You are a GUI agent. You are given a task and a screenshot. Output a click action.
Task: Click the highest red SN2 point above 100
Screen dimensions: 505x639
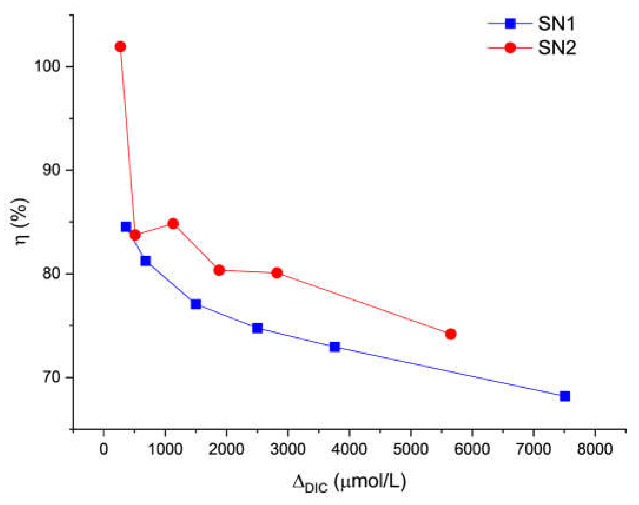pyautogui.click(x=120, y=47)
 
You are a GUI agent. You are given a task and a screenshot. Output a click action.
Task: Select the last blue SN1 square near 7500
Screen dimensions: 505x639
pyautogui.click(x=565, y=396)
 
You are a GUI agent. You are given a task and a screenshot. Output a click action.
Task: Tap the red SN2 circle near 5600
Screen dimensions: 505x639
pyautogui.click(x=450, y=334)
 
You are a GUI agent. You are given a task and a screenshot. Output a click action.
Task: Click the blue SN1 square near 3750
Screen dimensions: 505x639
pyautogui.click(x=335, y=347)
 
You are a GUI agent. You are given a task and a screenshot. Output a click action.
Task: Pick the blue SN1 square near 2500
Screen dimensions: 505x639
pyautogui.click(x=257, y=328)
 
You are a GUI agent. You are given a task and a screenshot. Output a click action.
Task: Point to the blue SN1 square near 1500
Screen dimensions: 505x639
pyautogui.click(x=196, y=304)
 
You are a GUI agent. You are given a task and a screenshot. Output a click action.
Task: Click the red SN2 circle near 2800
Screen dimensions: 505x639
pyautogui.click(x=277, y=273)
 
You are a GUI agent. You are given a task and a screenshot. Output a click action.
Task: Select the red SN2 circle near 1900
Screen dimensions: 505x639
pyautogui.click(x=219, y=270)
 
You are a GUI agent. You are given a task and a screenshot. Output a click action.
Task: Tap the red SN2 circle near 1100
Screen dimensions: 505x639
pyautogui.click(x=173, y=224)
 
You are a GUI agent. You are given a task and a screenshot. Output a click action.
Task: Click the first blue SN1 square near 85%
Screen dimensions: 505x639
pyautogui.click(x=126, y=227)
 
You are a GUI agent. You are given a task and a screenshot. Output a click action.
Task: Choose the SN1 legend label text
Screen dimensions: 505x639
pyautogui.click(x=556, y=23)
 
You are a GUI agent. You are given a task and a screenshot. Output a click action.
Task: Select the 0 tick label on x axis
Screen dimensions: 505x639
pyautogui.click(x=103, y=449)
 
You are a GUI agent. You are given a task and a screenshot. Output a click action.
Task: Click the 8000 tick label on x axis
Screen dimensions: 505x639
pyautogui.click(x=595, y=449)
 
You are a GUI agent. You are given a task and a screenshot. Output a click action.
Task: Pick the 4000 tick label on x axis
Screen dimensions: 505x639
pyautogui.click(x=349, y=449)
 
